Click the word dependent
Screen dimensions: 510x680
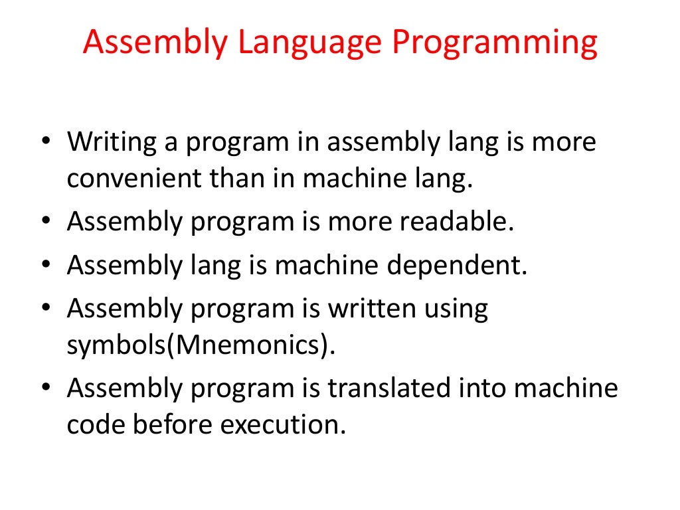458,266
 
